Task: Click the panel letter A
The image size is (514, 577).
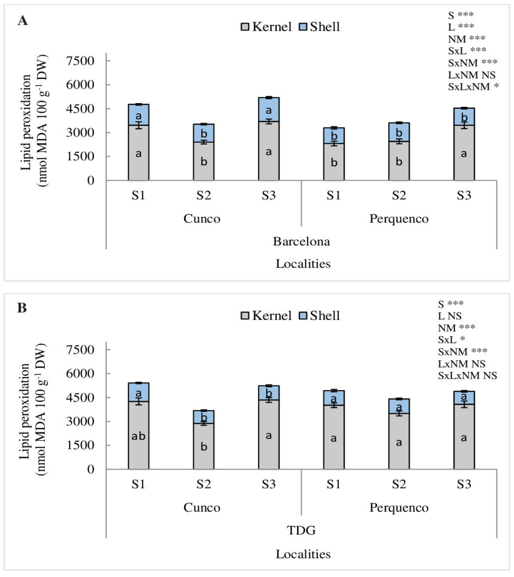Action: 23,21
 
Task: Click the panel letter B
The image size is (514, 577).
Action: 22,308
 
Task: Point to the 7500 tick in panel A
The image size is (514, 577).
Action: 80,61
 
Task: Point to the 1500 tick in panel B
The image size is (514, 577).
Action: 80,445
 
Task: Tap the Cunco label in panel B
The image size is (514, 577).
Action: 202,508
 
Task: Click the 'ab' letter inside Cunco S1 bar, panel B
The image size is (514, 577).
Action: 138,436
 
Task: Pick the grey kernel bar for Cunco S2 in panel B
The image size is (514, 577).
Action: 204,446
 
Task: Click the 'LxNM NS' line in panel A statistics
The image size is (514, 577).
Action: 471,75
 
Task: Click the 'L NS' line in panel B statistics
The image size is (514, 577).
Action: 450,316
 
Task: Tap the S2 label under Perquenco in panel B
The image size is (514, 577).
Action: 399,484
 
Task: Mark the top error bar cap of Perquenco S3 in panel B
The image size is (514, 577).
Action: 464,391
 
